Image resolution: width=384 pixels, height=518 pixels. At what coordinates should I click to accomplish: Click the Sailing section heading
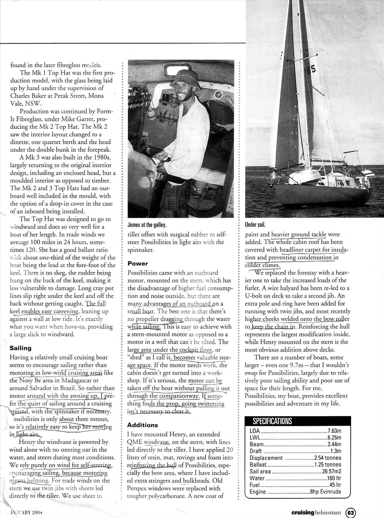tap(20, 348)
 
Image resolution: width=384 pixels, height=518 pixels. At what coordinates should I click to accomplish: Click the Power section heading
tap(138, 264)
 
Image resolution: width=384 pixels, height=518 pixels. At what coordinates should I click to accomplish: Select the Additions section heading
tap(142, 425)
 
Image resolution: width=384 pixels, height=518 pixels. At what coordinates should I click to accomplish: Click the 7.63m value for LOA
tap(334, 431)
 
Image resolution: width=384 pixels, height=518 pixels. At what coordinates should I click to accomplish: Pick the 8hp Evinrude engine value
tap(325, 492)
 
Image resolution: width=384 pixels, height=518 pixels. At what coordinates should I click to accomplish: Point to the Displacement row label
tap(266, 458)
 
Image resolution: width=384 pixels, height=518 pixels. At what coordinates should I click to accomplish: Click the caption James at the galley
tap(147, 225)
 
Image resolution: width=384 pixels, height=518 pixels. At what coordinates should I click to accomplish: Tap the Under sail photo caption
tap(255, 225)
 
